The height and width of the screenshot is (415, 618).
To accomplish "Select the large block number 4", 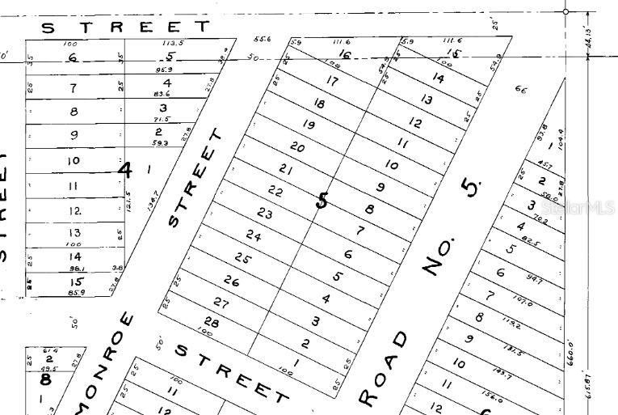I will click(124, 170).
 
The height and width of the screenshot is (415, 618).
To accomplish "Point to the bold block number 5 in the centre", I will click(322, 199).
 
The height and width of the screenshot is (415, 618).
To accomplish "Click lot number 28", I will click(212, 322).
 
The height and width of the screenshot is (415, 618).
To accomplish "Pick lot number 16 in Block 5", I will click(345, 55).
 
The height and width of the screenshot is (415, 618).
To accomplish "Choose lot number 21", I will click(285, 169).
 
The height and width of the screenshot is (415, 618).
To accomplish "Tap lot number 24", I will click(254, 236).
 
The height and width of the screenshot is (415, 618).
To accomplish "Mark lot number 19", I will click(308, 125).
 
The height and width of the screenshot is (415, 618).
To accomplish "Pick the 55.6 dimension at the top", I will click(262, 39).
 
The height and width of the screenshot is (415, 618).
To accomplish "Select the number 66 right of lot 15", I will click(520, 90).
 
